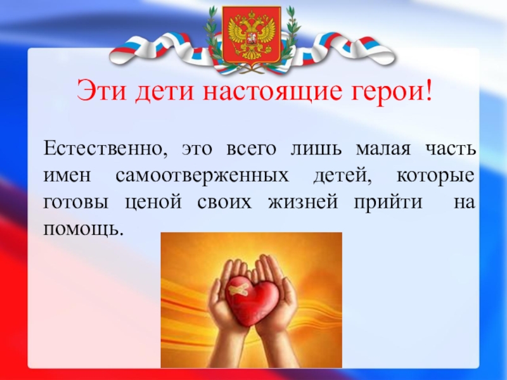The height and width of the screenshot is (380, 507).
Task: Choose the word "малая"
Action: (x=378, y=150)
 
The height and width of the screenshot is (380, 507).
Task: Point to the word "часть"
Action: (x=451, y=150)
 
